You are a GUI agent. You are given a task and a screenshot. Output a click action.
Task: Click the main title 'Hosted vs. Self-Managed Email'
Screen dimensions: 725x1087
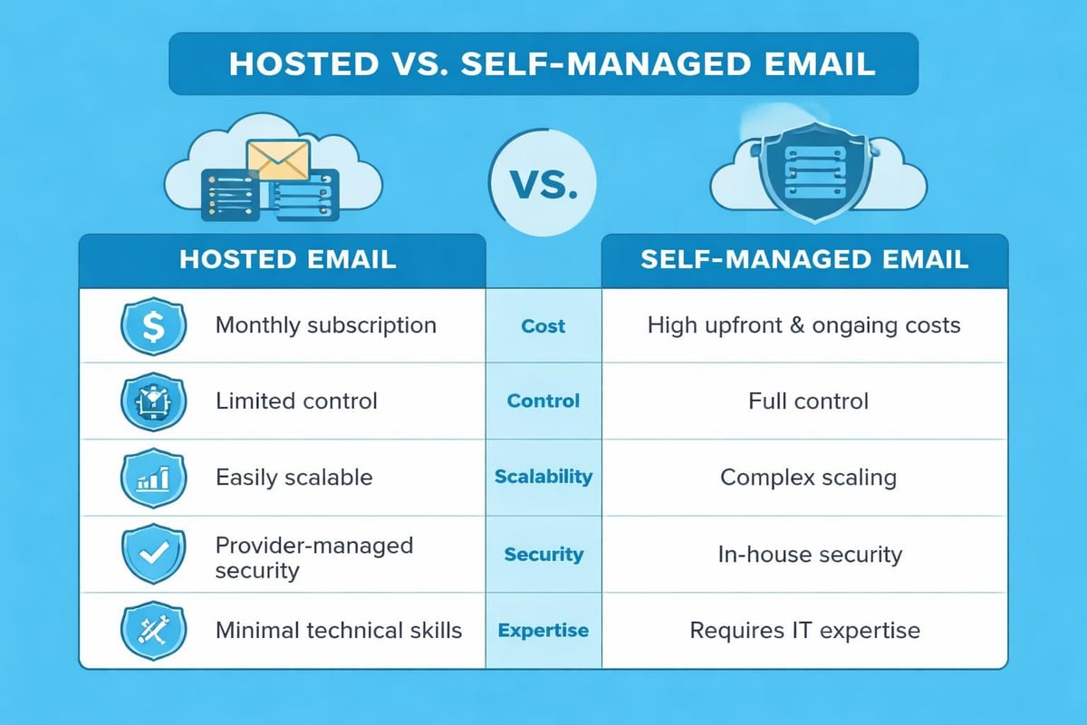544,65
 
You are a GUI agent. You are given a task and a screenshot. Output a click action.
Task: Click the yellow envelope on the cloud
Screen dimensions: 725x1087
278,160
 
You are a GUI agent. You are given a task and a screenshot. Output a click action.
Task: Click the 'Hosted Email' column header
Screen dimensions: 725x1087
287,259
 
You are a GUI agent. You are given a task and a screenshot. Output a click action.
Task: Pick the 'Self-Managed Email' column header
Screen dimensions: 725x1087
804,259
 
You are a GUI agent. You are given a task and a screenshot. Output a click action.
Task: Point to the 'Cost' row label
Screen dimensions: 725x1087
543,326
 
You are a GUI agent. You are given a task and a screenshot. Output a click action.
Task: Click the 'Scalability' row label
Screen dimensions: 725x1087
543,477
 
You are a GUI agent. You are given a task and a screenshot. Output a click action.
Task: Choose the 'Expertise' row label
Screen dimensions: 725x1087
543,631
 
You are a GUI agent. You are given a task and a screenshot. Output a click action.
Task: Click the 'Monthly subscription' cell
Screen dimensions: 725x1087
325,325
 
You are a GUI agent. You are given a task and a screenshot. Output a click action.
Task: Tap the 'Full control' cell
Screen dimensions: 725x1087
808,401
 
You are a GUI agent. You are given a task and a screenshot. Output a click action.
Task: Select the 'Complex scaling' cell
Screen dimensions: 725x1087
808,478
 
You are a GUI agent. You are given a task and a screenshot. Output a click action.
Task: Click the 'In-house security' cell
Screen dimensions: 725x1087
810,554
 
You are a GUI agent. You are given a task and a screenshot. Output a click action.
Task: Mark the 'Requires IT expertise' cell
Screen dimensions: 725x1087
804,630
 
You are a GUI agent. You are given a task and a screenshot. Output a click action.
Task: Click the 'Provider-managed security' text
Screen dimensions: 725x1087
313,557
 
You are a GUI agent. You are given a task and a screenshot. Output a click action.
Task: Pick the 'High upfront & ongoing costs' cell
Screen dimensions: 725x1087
803,325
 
